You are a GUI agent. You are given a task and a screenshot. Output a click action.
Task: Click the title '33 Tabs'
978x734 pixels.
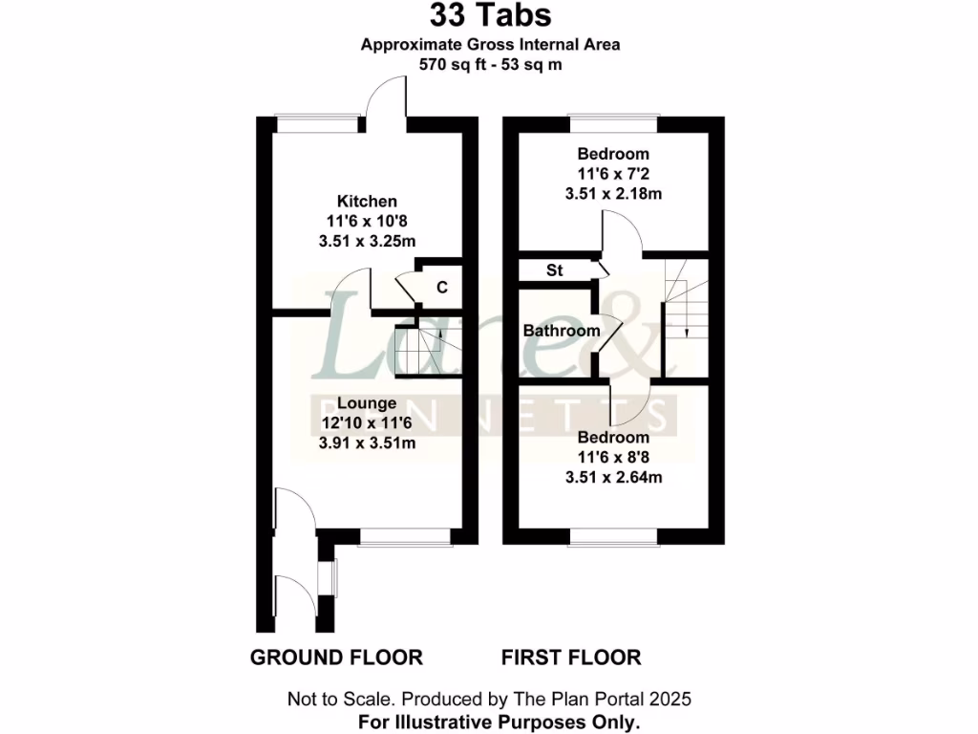pyautogui.click(x=489, y=15)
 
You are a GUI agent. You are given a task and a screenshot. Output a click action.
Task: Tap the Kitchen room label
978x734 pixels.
pyautogui.click(x=367, y=201)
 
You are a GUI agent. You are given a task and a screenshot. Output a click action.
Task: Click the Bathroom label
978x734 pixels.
pyautogui.click(x=562, y=331)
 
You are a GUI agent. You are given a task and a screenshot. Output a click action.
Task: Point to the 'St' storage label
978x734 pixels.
pyautogui.click(x=555, y=270)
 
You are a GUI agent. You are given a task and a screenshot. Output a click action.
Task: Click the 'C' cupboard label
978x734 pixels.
pyautogui.click(x=442, y=287)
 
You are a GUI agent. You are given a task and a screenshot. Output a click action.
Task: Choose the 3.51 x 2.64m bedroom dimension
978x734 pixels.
pyautogui.click(x=613, y=477)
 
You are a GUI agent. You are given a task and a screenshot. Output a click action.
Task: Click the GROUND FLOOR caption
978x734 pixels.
pyautogui.click(x=336, y=658)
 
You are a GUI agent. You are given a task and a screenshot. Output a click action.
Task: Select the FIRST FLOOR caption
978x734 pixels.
pyautogui.click(x=571, y=658)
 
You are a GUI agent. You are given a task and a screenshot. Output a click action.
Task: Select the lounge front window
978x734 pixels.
pyautogui.click(x=398, y=537)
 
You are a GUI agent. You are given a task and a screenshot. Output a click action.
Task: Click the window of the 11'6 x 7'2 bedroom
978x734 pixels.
pyautogui.click(x=613, y=123)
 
